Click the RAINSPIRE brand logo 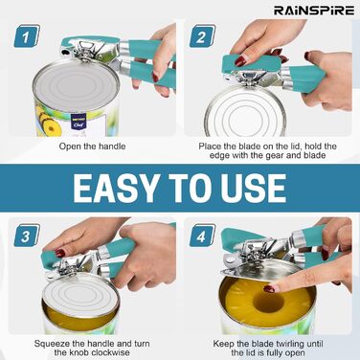pos(314,11)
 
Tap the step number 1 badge pos(27,36)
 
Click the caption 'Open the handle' pos(92,146)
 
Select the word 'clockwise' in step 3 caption pos(110,352)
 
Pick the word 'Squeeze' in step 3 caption pos(50,344)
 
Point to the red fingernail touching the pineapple pos(269,289)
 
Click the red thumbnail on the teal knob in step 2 pos(240,60)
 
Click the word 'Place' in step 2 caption pos(210,146)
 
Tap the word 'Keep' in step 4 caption pos(222,344)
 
